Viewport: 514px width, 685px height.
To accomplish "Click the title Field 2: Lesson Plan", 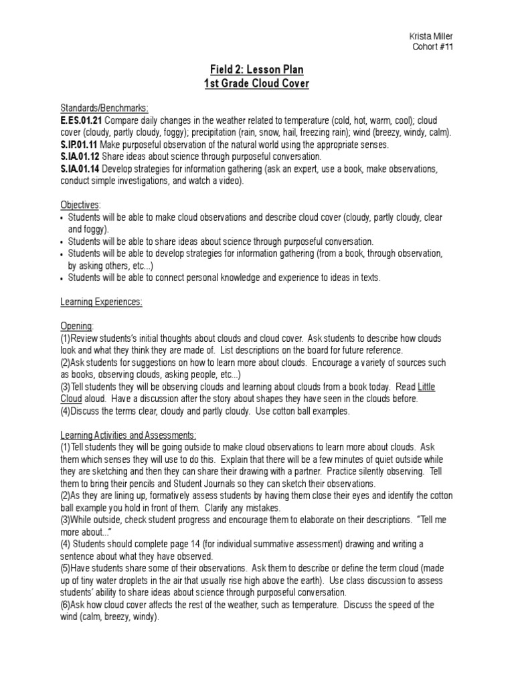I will pyautogui.click(x=256, y=70).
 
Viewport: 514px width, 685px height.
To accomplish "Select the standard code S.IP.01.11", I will pyautogui.click(x=79, y=144).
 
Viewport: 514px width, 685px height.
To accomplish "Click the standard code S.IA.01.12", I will pyautogui.click(x=79, y=157).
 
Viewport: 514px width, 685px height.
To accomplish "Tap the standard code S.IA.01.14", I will pyautogui.click(x=79, y=169).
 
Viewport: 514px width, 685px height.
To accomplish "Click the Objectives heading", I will pyautogui.click(x=80, y=205).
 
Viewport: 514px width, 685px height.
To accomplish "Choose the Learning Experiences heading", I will pyautogui.click(x=101, y=302).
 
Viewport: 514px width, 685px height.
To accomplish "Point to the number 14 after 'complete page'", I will pyautogui.click(x=209, y=544).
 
